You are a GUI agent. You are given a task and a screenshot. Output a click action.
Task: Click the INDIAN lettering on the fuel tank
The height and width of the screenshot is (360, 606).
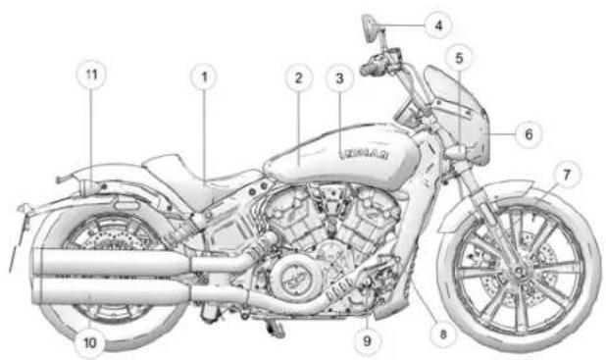tap(367, 154)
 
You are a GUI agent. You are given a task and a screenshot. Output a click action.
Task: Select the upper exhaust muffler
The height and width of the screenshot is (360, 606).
tap(108, 261)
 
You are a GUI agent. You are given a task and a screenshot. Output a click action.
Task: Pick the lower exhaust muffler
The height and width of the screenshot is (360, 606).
tap(108, 291)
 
